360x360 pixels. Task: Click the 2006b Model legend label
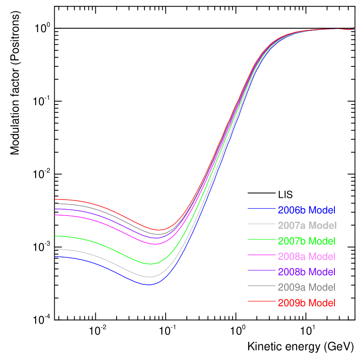point(306,210)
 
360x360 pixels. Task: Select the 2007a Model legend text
point(307,226)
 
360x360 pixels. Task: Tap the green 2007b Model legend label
point(306,241)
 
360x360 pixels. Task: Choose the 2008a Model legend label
point(306,256)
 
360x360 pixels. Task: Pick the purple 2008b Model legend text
point(306,272)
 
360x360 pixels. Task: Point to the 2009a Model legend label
point(306,287)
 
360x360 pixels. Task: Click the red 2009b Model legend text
point(306,303)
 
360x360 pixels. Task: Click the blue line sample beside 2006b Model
point(262,209)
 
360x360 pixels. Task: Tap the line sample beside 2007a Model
point(262,224)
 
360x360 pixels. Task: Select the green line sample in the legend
point(262,240)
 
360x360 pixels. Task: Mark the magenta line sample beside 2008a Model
point(262,255)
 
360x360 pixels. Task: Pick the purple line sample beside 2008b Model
point(262,270)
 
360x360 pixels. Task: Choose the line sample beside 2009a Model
point(262,286)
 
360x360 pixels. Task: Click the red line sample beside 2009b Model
point(262,301)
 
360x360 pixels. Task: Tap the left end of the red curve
point(55,200)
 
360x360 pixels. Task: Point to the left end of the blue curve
point(55,257)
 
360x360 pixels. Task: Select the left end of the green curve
point(55,236)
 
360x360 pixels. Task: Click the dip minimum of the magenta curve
point(156,244)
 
